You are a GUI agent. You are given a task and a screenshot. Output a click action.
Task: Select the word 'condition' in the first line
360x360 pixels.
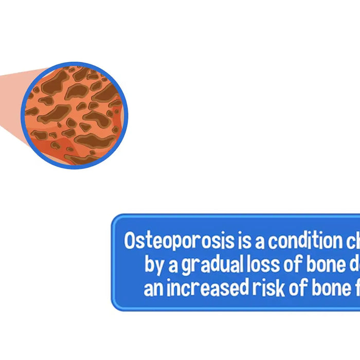point(302,241)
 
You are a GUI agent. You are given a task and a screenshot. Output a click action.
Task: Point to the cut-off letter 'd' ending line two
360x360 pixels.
point(354,264)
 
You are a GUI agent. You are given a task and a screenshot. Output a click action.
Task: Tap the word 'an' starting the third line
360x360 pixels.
point(152,289)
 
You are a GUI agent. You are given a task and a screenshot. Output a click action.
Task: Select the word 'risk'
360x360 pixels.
point(263,288)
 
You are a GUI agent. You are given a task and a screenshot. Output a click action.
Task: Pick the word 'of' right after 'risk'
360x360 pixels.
point(292,288)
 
